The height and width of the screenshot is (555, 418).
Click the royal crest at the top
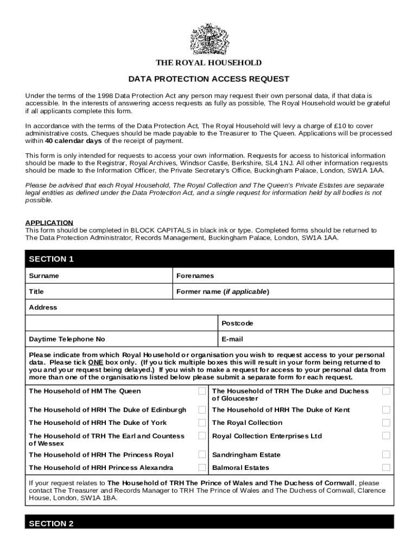click(x=209, y=39)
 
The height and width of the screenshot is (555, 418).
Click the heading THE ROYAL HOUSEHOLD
click(x=209, y=63)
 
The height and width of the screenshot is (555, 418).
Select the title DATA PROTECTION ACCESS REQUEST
click(x=209, y=79)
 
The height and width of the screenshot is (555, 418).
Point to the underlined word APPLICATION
click(x=49, y=223)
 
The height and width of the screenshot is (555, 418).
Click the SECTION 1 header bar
click(x=209, y=259)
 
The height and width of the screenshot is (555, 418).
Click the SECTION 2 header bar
click(x=209, y=524)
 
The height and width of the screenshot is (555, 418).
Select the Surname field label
click(x=44, y=276)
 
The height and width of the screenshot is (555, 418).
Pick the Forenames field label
click(x=195, y=276)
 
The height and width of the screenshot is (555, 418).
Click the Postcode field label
click(x=237, y=324)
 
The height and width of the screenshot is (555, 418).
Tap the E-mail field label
click(x=232, y=339)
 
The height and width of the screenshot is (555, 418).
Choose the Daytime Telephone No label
click(x=67, y=339)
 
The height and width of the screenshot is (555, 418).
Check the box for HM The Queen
click(x=202, y=391)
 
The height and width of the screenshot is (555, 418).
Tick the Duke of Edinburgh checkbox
click(x=202, y=410)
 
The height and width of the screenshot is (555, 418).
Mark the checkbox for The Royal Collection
click(x=386, y=423)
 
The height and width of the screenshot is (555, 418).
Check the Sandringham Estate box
click(x=386, y=455)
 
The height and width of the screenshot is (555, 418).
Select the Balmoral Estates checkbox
click(x=386, y=468)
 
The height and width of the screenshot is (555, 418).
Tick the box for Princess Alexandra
click(x=202, y=468)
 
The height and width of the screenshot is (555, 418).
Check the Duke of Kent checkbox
click(x=386, y=410)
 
